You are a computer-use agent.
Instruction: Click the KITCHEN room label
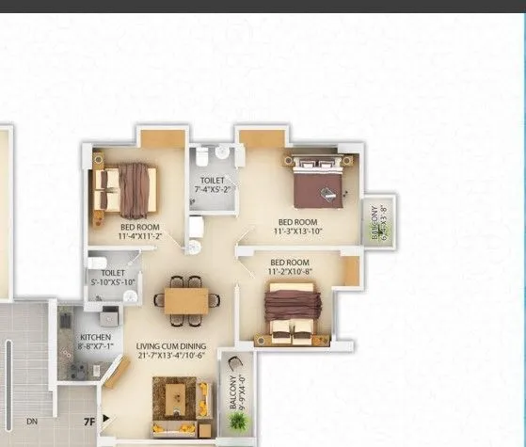click(x=94, y=335)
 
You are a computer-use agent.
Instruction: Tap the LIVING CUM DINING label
click(x=170, y=345)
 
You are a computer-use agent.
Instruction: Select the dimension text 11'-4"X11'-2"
click(x=139, y=237)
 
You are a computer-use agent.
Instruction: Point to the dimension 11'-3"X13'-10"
click(x=299, y=231)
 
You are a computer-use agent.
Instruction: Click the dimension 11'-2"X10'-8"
click(x=291, y=271)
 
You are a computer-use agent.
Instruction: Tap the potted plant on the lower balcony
click(x=239, y=422)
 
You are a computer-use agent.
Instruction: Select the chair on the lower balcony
click(x=236, y=365)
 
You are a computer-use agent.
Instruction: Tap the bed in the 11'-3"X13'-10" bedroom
click(x=317, y=181)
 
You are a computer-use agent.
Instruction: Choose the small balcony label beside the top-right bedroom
click(x=378, y=223)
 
